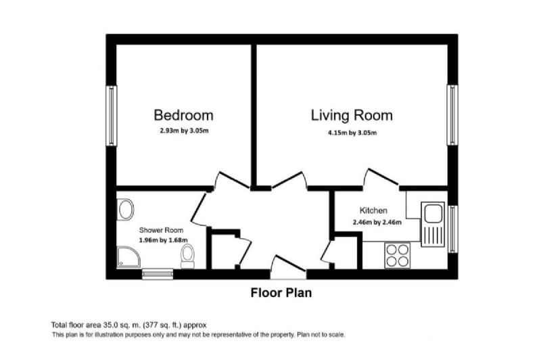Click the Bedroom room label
pos(183,115)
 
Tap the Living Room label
pos(352,116)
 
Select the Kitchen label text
pos(373,210)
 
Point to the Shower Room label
pos(161,230)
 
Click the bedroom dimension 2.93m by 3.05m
pos(184,131)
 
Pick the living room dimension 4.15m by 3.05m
pos(352,133)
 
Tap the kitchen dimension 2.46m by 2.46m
pos(377,223)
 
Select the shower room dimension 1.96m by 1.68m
pos(164,240)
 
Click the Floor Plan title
pos(281,293)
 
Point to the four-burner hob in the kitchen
pos(397,255)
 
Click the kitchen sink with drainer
pos(432,224)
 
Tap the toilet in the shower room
pos(188,256)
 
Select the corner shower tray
pos(128,256)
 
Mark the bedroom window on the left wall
pos(111,116)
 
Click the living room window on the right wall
pos(452,115)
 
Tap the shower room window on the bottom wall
pos(158,274)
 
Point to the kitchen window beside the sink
pos(452,229)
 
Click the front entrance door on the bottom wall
pos(289,268)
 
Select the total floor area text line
pos(129,325)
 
